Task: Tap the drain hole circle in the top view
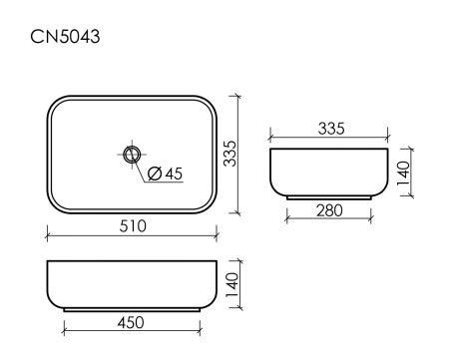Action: point(132,154)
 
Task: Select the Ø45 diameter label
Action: point(165,175)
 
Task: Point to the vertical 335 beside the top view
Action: point(228,154)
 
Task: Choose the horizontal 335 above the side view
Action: point(328,128)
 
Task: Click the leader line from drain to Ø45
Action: point(142,165)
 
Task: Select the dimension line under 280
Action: point(328,220)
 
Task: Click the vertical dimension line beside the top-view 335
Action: point(238,154)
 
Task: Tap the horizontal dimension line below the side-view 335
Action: point(328,139)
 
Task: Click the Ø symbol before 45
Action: point(155,175)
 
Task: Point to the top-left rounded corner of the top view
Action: point(54,103)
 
